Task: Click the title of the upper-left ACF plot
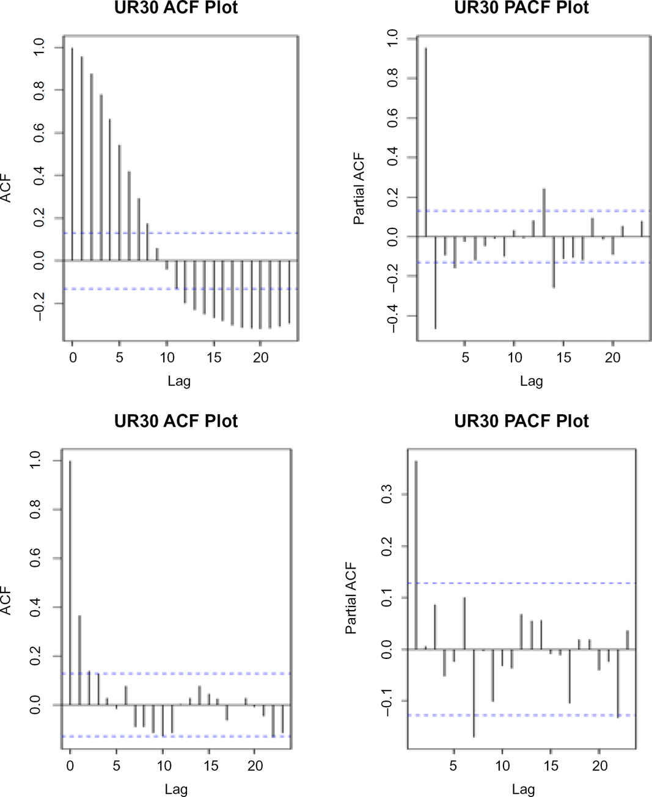pyautogui.click(x=176, y=8)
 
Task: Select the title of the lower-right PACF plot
pyautogui.click(x=521, y=421)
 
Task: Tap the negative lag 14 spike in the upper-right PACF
pyautogui.click(x=554, y=262)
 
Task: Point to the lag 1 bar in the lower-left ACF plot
pyautogui.click(x=79, y=660)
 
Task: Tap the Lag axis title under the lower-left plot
pyautogui.click(x=176, y=789)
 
